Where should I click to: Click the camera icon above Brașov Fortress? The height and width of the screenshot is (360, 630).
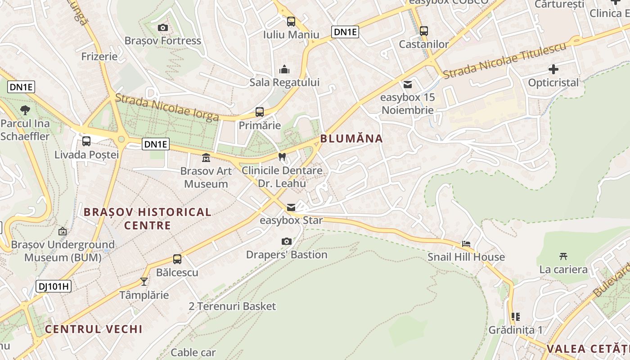tap(163, 28)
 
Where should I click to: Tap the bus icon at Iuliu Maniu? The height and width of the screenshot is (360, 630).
tap(291, 21)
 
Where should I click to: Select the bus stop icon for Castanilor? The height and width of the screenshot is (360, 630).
tap(423, 31)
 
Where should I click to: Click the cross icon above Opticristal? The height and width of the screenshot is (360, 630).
tap(553, 69)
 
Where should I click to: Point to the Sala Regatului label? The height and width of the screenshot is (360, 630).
tap(284, 82)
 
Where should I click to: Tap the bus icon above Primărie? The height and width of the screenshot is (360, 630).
tap(260, 112)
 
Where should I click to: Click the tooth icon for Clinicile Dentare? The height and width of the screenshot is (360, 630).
tap(282, 157)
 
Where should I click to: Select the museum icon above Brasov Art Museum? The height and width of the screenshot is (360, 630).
tap(206, 158)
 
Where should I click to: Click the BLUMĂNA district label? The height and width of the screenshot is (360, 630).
tap(351, 139)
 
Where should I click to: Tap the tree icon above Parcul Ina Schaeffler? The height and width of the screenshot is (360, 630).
tap(25, 110)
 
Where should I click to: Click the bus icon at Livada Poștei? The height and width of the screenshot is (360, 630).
tap(86, 141)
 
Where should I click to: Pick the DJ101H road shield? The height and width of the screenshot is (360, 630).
tap(54, 286)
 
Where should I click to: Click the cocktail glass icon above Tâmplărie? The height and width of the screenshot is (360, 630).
tap(144, 282)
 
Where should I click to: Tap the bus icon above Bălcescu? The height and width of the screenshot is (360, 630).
tap(177, 259)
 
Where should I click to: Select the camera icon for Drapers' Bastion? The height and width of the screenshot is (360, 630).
tap(287, 242)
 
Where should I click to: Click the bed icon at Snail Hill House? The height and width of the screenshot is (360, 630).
tap(466, 244)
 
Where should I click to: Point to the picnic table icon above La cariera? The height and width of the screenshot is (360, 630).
tap(563, 256)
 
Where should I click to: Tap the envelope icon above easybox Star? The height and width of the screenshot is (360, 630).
tap(291, 207)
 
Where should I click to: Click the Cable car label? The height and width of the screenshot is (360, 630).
tap(193, 352)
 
